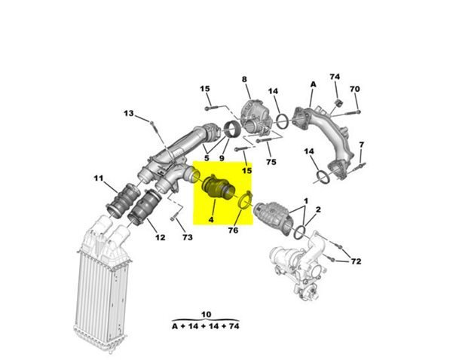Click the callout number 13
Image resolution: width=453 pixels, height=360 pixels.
[129, 114]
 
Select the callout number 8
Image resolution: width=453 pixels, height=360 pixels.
[244, 79]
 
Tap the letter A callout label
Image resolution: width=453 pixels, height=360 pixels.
[313, 84]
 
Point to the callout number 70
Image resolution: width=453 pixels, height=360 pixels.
[355, 89]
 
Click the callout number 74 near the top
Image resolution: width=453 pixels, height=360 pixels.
[335, 77]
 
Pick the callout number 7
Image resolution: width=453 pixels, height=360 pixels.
[361, 145]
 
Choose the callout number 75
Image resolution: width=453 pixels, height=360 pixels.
[271, 162]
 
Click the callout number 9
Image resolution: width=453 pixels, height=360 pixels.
[222, 158]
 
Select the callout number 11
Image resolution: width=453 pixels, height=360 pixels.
[99, 178]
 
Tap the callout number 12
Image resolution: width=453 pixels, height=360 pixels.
[160, 237]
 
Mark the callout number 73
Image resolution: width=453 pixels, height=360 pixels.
[187, 237]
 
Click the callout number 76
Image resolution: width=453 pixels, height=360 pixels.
[233, 230]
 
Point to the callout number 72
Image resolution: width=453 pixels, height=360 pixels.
[356, 261]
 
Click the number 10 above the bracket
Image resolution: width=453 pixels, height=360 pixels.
[206, 314]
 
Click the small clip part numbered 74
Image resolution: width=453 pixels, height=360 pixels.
[338, 102]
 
